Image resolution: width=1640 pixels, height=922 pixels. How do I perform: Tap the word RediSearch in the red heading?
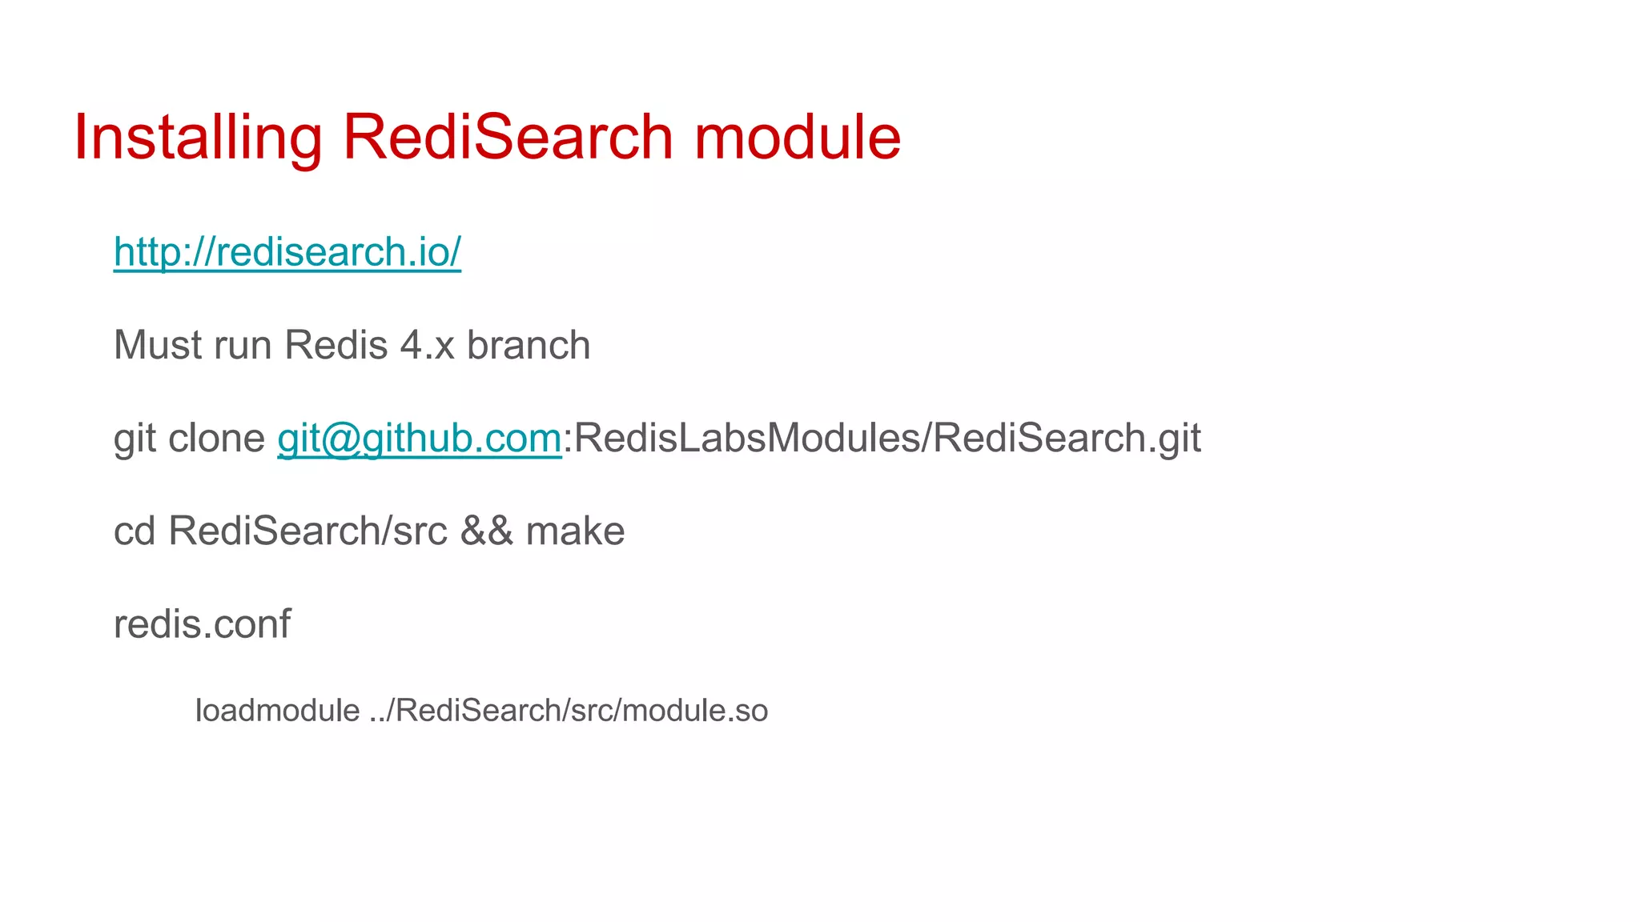click(508, 138)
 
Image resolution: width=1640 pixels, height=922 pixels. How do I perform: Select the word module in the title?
click(797, 138)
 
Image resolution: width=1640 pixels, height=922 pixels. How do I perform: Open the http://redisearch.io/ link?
click(287, 252)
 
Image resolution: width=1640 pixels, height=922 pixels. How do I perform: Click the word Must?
click(158, 346)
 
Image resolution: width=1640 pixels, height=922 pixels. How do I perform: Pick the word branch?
click(529, 346)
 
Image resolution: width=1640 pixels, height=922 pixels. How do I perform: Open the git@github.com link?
click(419, 439)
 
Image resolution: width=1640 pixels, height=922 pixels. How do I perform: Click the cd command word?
click(134, 531)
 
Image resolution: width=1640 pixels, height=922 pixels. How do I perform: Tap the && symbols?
click(486, 531)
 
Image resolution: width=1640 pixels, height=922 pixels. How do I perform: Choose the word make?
click(575, 531)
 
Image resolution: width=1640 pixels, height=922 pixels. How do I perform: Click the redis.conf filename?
click(202, 624)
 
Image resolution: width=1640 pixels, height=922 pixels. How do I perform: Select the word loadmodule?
click(277, 711)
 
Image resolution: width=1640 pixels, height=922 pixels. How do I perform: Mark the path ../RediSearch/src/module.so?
click(569, 711)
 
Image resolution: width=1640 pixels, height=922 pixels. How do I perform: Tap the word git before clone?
click(134, 439)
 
